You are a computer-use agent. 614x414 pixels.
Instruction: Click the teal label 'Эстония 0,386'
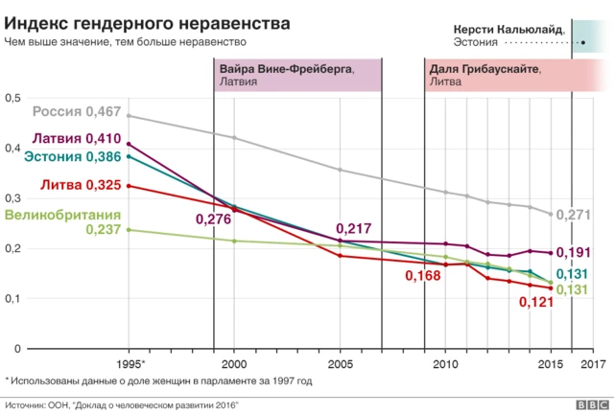pyautogui.click(x=72, y=156)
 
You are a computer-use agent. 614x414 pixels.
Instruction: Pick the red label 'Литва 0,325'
pyautogui.click(x=80, y=184)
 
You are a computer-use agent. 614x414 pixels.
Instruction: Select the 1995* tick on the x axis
pyautogui.click(x=130, y=365)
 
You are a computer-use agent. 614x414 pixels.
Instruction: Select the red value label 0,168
pyautogui.click(x=422, y=277)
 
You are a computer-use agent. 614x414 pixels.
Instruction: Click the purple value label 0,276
pyautogui.click(x=214, y=219)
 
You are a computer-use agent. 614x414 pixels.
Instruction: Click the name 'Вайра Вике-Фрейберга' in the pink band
pyautogui.click(x=286, y=69)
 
